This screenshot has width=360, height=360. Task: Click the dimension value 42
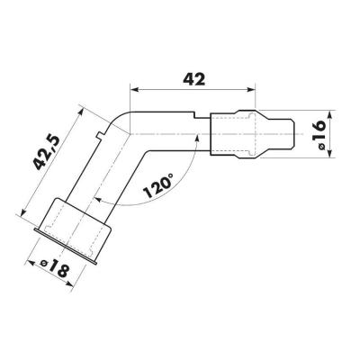pyautogui.click(x=194, y=79)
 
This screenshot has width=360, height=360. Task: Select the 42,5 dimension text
pyautogui.click(x=47, y=153)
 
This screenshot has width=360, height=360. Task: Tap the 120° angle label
pyautogui.click(x=158, y=186)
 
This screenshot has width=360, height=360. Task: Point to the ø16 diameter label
pyautogui.click(x=319, y=135)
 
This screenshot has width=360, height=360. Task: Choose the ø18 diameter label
pyautogui.click(x=55, y=267)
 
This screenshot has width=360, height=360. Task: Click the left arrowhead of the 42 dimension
pyautogui.click(x=134, y=89)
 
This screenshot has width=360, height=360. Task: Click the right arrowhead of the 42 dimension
pyautogui.click(x=250, y=89)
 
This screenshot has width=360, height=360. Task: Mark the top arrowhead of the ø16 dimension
pyautogui.click(x=329, y=115)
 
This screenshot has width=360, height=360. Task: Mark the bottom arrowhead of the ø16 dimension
pyautogui.click(x=329, y=153)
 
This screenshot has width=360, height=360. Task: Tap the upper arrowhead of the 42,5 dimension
pyautogui.click(x=81, y=112)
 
